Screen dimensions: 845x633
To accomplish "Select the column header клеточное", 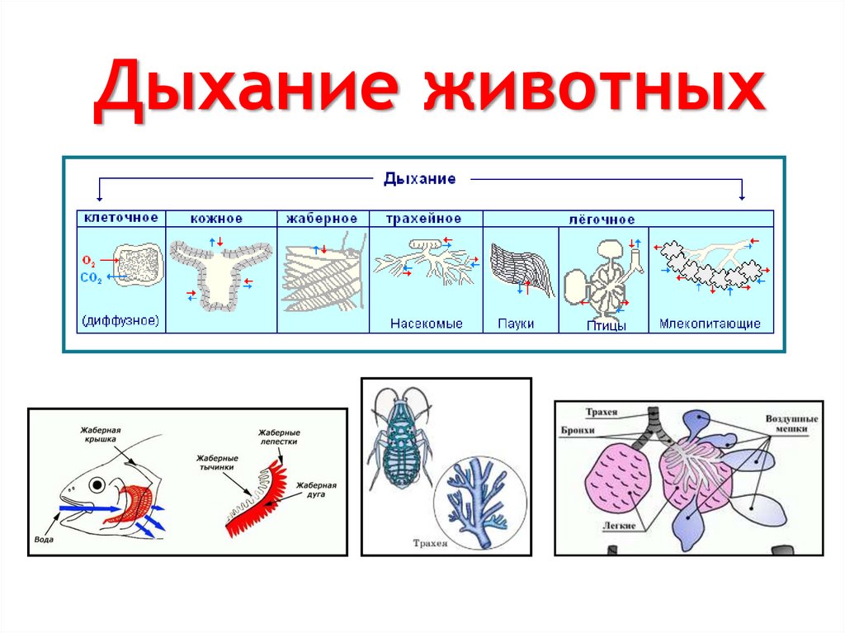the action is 120,218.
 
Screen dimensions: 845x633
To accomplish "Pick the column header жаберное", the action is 322,219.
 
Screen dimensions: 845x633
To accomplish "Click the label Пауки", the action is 517,324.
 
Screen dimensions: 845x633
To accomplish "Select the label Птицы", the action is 606,326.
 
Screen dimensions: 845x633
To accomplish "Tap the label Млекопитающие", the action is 710,324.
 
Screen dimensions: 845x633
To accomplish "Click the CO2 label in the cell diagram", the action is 92,280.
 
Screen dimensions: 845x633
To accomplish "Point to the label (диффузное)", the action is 120,320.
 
